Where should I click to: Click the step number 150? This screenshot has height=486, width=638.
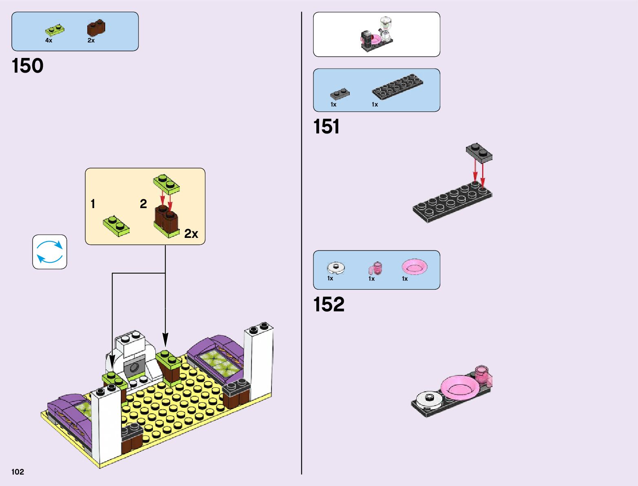(x=28, y=66)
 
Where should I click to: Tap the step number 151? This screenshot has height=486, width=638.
(x=326, y=126)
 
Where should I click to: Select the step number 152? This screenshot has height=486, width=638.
(x=329, y=304)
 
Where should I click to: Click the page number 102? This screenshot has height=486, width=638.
(x=18, y=472)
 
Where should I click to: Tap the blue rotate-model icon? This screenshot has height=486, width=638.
(x=50, y=252)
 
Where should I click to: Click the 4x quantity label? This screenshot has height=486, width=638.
(x=49, y=40)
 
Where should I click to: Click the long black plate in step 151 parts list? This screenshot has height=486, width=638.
(x=397, y=87)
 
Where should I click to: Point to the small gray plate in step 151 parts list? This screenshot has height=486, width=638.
(x=340, y=94)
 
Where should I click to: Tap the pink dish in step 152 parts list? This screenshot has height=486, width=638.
(x=415, y=267)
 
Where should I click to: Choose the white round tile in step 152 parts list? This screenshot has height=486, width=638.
(x=336, y=268)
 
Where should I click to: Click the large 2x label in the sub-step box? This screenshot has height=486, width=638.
(x=191, y=234)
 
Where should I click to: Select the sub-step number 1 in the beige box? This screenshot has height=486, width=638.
(x=93, y=204)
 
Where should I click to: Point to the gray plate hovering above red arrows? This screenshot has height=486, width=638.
(x=479, y=153)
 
